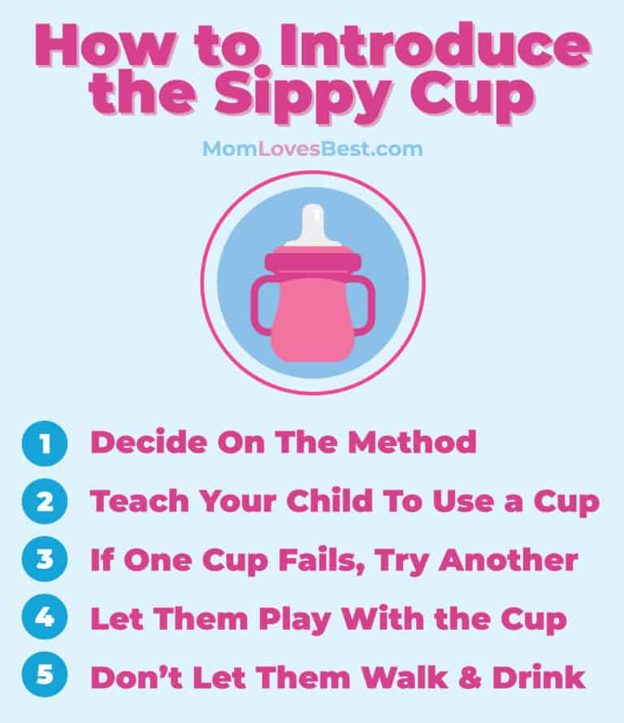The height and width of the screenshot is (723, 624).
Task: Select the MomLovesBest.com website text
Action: point(312,148)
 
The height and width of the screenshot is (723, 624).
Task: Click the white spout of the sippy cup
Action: point(312,225)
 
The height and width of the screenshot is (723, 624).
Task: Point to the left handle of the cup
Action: point(262,303)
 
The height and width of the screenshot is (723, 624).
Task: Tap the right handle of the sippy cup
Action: point(364,303)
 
